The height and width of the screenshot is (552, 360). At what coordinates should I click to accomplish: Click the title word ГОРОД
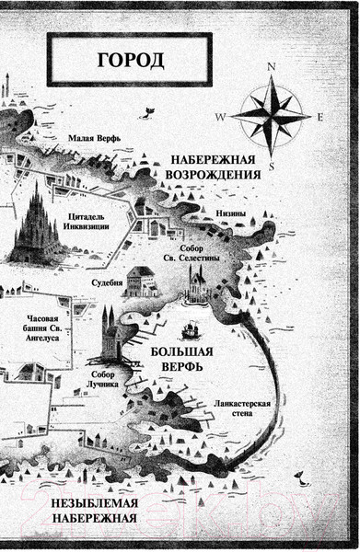click(x=129, y=62)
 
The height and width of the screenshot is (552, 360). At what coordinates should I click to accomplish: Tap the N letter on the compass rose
click(x=272, y=65)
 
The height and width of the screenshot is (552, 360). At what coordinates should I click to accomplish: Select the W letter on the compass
click(x=219, y=118)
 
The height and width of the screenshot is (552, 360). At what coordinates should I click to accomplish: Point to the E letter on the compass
click(x=320, y=117)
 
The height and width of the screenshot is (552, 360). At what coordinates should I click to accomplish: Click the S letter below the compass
click(x=272, y=167)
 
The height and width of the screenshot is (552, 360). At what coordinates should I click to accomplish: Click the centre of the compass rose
click(x=272, y=116)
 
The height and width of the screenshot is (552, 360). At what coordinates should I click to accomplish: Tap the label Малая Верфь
click(x=95, y=140)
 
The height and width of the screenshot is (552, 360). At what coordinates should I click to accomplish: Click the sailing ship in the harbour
click(x=192, y=329)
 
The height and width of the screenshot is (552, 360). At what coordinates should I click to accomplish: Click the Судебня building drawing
click(x=141, y=280)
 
